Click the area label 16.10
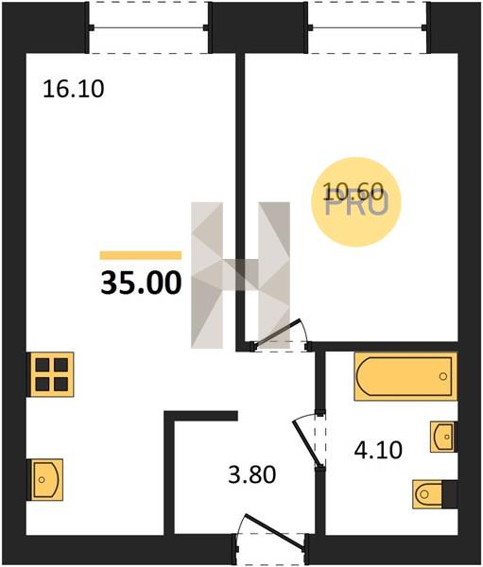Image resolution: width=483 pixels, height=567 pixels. tap(74, 89)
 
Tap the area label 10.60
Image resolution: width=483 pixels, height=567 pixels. tap(353, 191)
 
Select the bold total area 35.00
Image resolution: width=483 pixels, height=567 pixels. tap(141, 283)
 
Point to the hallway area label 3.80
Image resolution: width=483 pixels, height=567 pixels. tap(252, 474)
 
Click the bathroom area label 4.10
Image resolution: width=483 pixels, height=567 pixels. tap(378, 450)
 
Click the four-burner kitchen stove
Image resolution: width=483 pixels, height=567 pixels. tap(52, 374)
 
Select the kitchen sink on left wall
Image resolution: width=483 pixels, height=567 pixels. tap(46, 479)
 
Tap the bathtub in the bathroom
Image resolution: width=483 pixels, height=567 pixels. tap(405, 376)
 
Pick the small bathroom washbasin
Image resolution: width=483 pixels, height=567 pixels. tap(442, 437)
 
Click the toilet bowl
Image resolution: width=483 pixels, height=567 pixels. tap(427, 494)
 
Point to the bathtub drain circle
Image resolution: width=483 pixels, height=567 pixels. tap(443, 376)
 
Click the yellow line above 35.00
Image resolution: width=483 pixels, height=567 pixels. tap(141, 255)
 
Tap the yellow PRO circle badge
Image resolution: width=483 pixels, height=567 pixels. tap(356, 202)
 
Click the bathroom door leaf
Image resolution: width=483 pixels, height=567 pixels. tap(307, 442)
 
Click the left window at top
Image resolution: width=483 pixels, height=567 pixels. tap(149, 27)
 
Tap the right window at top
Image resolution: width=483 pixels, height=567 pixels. tap(368, 27)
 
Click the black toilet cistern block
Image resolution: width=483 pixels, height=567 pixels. tap(450, 494)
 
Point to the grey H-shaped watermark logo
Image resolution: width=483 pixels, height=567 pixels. tap(241, 275)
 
